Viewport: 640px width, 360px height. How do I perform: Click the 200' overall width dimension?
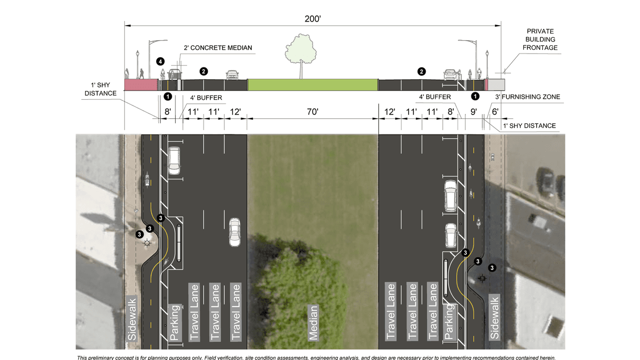coord(313,19)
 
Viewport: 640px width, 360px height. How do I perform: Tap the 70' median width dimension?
coord(313,112)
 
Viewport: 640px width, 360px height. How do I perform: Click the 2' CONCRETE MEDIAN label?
coord(218,48)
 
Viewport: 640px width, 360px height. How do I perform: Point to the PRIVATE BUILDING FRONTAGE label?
coord(540,40)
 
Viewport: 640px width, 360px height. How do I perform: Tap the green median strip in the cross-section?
coord(313,85)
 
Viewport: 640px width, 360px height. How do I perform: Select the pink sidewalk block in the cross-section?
coord(141,85)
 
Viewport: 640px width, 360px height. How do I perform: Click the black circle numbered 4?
coord(160,62)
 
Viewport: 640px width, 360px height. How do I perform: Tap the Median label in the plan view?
coord(313,322)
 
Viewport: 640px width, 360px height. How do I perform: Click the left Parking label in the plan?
coord(175,322)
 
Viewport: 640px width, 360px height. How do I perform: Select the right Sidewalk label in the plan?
coord(495,317)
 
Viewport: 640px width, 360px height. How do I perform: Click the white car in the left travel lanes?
coord(234,231)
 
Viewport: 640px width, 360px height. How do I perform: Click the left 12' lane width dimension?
coord(235,112)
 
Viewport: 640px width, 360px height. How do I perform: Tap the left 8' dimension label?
coord(168,112)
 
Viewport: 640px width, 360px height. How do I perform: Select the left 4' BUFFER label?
coord(206,97)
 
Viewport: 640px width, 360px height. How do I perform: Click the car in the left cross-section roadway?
coord(232,75)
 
